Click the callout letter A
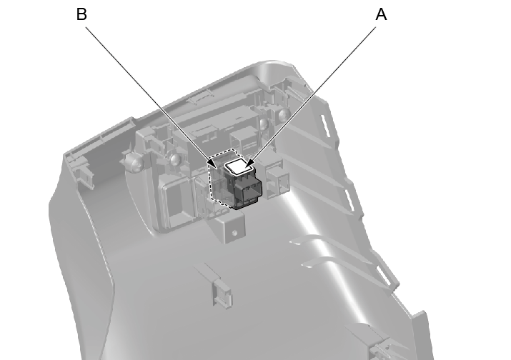click(x=381, y=15)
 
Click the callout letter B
click(x=81, y=15)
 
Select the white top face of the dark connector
click(x=239, y=167)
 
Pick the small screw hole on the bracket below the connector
click(x=234, y=233)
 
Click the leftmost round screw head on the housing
click(x=134, y=161)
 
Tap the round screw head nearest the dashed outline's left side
click(x=175, y=159)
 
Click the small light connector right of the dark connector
click(x=277, y=180)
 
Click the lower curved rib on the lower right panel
click(x=339, y=266)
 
